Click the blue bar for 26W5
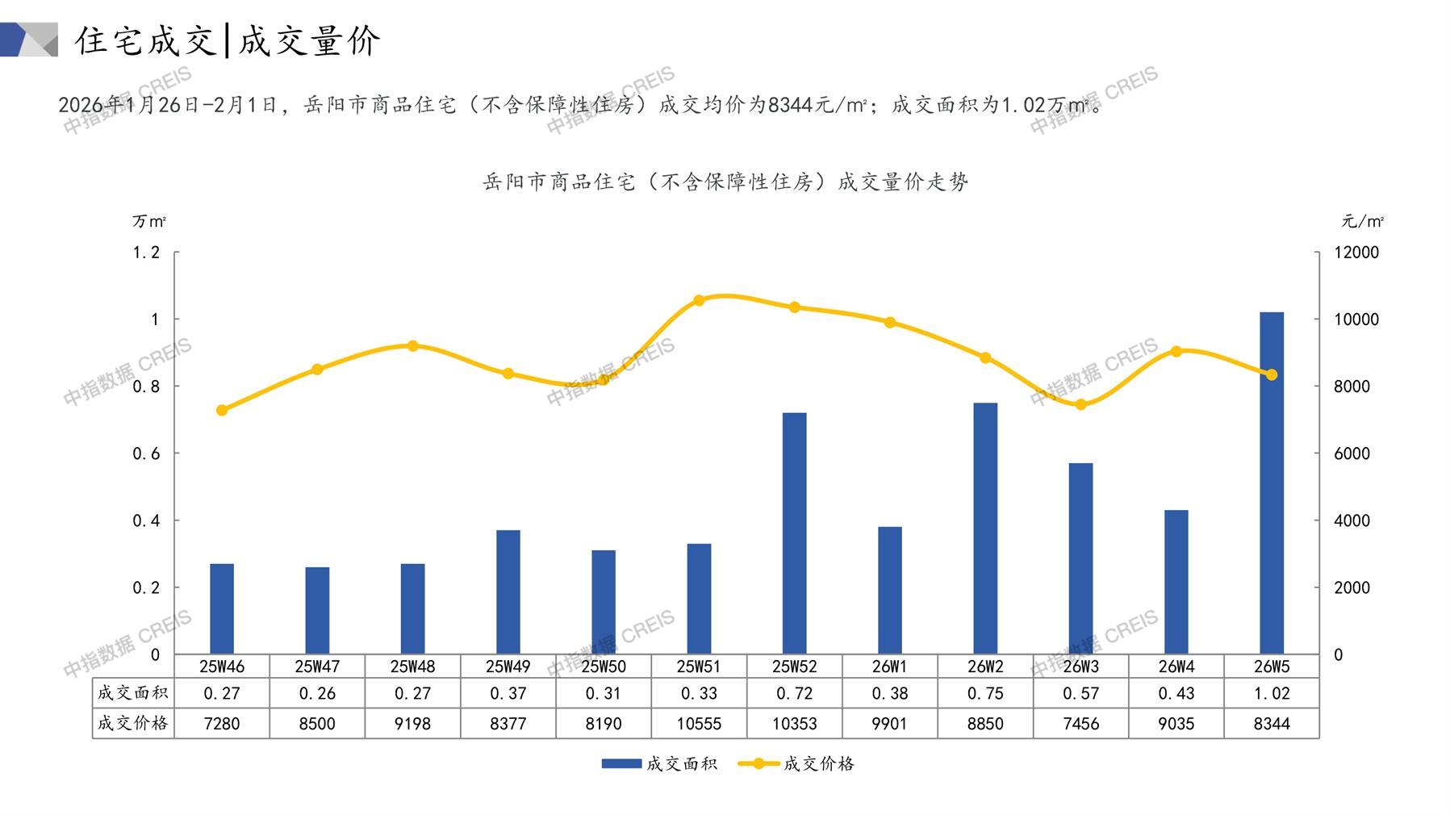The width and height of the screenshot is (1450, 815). coord(1271,483)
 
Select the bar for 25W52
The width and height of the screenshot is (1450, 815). coord(794,533)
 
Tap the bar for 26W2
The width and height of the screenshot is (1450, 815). coord(984,529)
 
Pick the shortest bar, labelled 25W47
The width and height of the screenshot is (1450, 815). coord(317,610)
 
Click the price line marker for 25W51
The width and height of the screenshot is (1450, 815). coord(699,300)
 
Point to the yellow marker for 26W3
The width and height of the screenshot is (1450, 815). coord(1080,404)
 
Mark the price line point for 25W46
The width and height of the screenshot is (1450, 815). coord(222,410)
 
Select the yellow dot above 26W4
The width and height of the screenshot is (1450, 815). coord(1176,351)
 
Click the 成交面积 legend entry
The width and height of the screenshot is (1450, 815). coord(659,763)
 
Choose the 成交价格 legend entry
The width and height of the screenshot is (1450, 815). coord(797,763)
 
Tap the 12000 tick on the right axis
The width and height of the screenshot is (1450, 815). coord(1356,253)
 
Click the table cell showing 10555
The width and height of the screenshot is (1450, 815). coord(699,724)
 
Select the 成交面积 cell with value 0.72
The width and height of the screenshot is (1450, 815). coord(794,693)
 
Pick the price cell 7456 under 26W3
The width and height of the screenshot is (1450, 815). coord(1080,724)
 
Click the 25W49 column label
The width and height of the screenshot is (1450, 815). coord(508,667)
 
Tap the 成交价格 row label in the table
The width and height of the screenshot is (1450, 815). coord(132,723)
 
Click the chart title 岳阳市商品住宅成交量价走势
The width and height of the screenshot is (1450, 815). coord(725,182)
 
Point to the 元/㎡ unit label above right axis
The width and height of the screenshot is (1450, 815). coord(1362,221)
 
